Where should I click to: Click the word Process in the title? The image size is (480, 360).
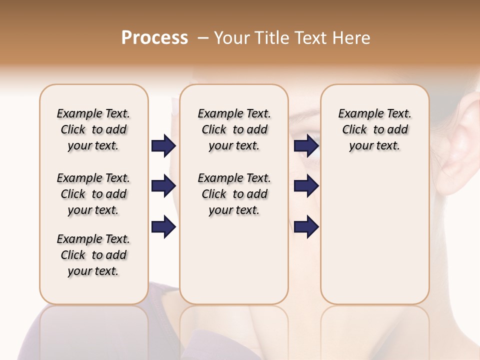click(x=154, y=38)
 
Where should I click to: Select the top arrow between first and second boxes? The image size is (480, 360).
click(x=163, y=145)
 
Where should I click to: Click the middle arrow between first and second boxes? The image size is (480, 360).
click(x=163, y=186)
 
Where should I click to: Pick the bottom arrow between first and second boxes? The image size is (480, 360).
click(x=163, y=227)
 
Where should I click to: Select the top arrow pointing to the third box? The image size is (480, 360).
click(x=306, y=145)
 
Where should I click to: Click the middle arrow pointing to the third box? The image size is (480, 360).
click(x=306, y=186)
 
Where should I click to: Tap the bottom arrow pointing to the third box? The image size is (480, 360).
click(x=306, y=227)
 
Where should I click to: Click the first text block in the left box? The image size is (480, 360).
click(x=93, y=129)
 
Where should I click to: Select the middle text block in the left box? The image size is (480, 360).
click(x=93, y=194)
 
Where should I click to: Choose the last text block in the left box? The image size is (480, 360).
click(x=93, y=255)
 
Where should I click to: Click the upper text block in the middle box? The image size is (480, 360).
click(x=234, y=129)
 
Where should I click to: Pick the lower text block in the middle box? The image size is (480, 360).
click(x=234, y=194)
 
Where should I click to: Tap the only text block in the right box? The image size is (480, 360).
click(x=374, y=129)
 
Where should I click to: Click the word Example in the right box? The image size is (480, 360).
click(x=356, y=114)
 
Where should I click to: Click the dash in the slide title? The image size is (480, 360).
click(x=203, y=38)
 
